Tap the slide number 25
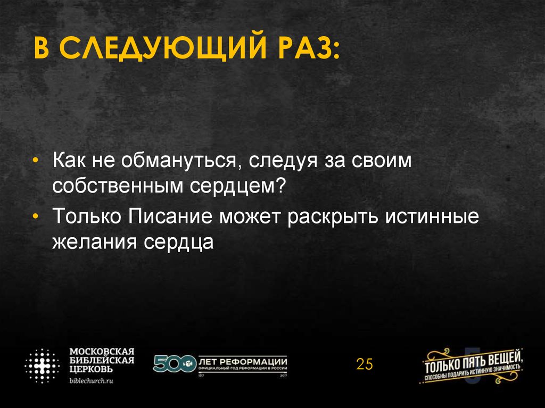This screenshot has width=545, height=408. click(x=365, y=364)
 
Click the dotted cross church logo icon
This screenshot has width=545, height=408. click(x=42, y=367)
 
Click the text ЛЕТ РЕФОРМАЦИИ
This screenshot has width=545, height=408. click(x=243, y=359)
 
